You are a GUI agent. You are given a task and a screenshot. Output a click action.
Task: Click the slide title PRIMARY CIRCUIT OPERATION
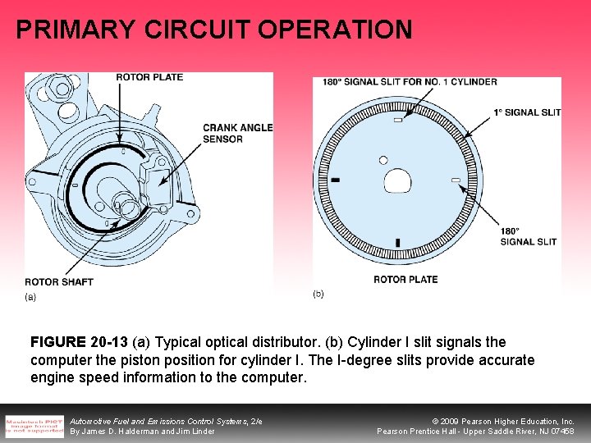(213, 30)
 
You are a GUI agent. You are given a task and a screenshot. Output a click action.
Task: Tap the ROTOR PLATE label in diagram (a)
(149, 77)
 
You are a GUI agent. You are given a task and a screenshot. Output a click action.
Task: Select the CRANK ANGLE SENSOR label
(237, 133)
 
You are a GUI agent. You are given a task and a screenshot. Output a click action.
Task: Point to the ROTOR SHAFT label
(58, 282)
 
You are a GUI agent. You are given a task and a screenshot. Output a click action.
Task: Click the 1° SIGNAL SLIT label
(527, 112)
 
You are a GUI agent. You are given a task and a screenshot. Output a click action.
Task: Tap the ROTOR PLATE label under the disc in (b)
(405, 280)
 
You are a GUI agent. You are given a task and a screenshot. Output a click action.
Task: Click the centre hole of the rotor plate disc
(396, 180)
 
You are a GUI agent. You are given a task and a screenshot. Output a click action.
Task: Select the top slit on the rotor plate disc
(397, 121)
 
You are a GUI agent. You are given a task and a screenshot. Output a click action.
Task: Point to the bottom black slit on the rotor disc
(397, 243)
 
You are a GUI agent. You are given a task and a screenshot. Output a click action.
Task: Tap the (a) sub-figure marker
(30, 296)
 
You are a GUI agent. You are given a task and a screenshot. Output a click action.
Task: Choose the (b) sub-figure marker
(318, 294)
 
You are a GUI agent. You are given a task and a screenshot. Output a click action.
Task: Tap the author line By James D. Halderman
(142, 432)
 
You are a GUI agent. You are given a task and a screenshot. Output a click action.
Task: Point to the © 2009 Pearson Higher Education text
(497, 421)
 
